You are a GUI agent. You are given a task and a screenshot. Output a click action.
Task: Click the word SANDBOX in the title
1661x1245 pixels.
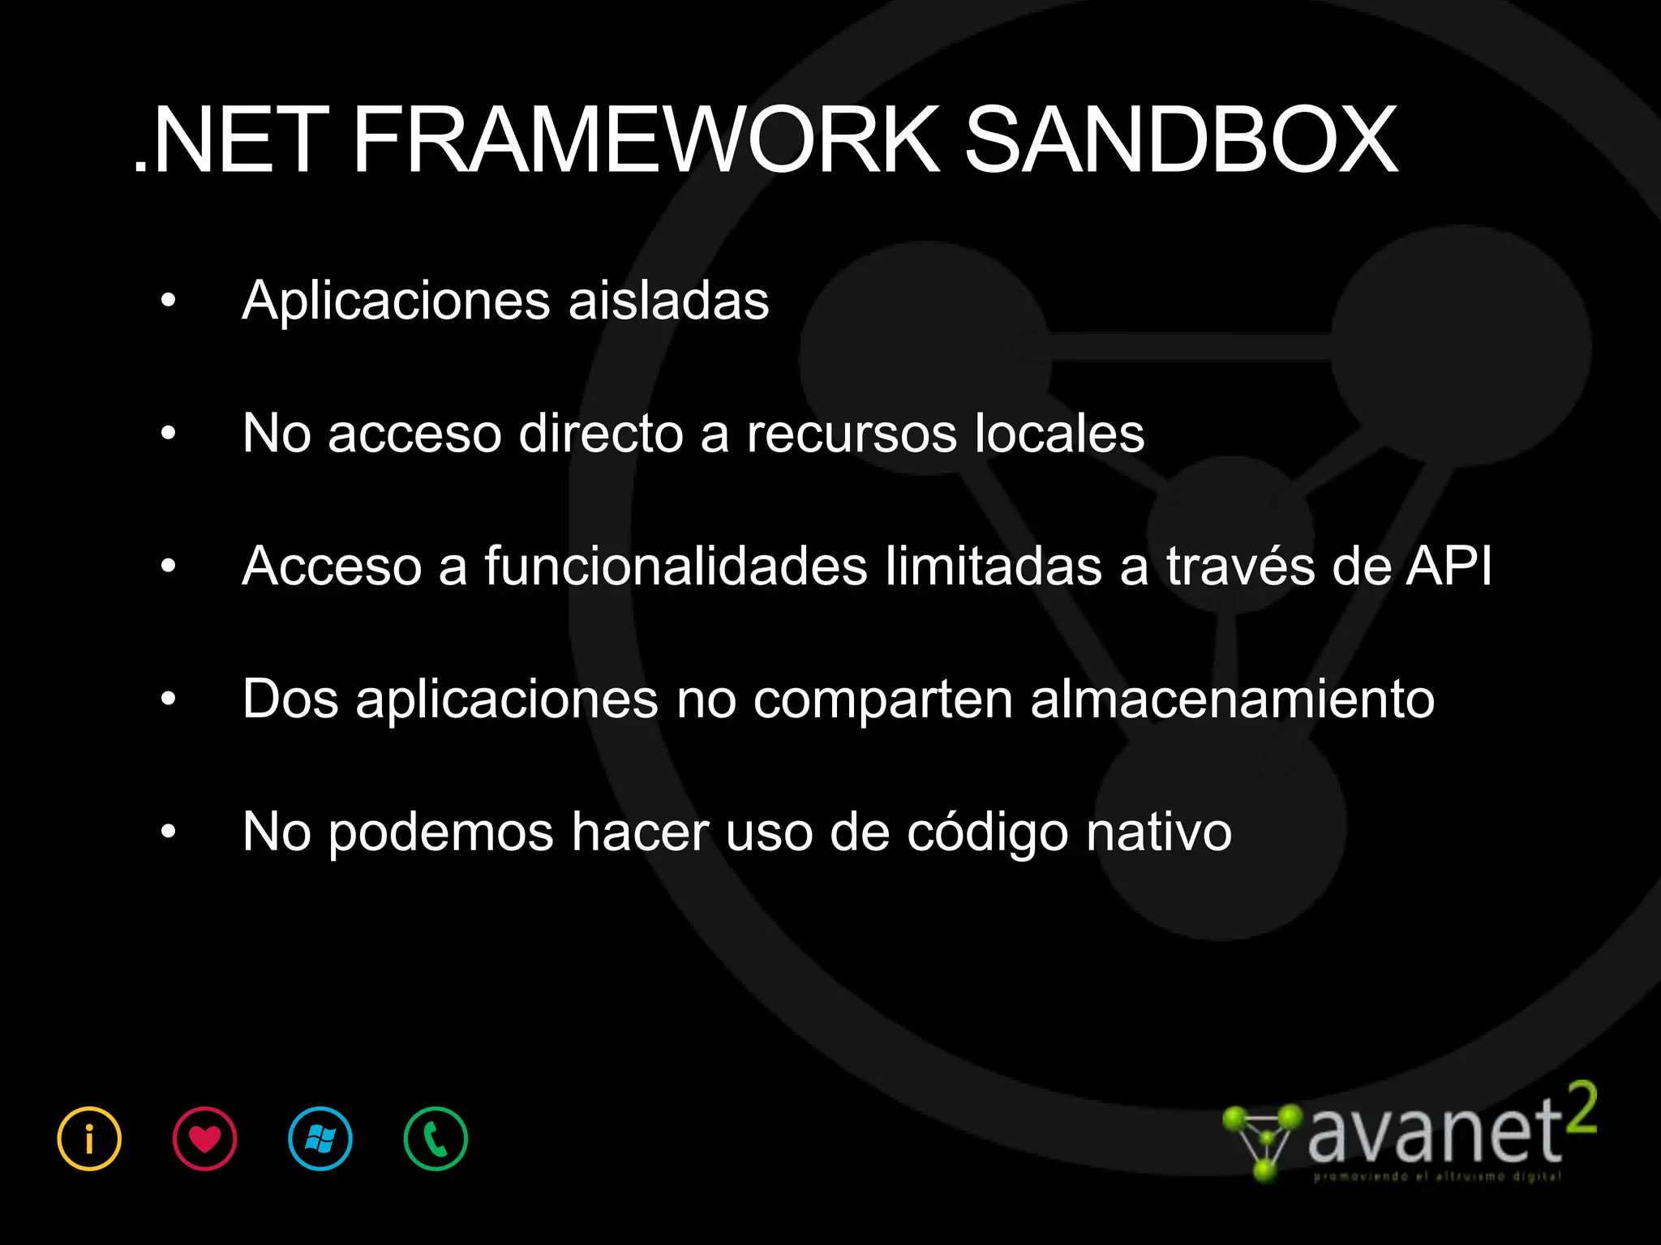(1180, 142)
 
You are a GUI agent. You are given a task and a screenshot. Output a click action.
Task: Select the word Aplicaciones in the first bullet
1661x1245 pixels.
(397, 302)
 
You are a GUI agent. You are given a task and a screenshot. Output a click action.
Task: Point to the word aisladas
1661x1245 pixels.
(668, 302)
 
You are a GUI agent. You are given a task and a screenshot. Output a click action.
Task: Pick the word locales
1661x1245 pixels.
(1059, 434)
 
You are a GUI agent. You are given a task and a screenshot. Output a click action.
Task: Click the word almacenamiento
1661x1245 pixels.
(1232, 699)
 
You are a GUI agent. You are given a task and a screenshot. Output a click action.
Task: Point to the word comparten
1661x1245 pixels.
(883, 700)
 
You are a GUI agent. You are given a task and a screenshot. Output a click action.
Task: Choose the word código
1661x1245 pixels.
(987, 833)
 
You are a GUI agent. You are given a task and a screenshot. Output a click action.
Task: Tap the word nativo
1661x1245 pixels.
(1159, 832)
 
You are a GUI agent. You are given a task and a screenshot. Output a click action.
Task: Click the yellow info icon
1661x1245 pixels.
(89, 1139)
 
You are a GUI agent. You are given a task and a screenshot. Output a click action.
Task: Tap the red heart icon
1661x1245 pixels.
(204, 1139)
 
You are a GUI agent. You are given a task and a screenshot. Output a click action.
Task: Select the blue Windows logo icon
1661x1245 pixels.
(320, 1139)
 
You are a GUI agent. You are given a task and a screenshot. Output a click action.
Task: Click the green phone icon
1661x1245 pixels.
(436, 1139)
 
